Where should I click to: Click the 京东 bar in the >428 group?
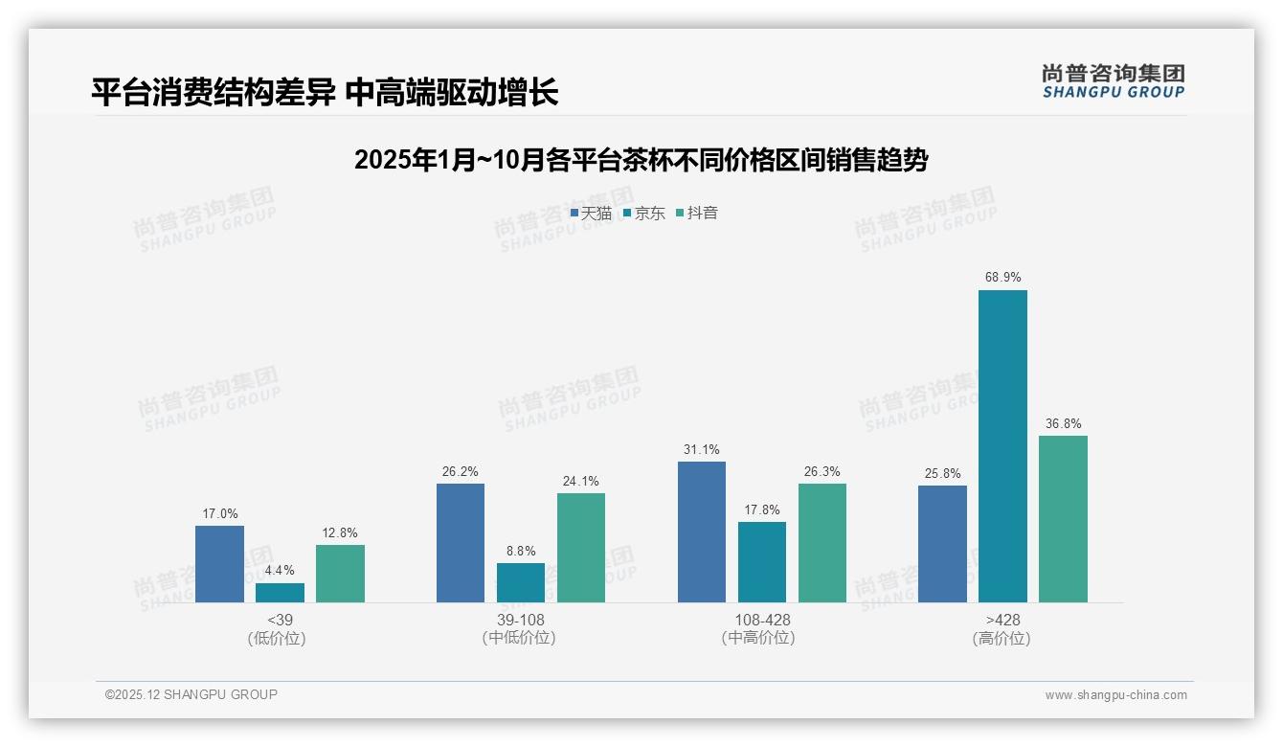tap(1002, 446)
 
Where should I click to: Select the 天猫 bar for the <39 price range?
tap(219, 564)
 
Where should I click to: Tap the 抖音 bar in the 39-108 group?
tap(581, 548)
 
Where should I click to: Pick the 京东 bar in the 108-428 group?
tap(762, 562)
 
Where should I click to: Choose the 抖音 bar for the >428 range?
tap(1063, 519)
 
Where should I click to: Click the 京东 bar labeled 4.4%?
tap(280, 593)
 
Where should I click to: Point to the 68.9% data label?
tap(1002, 278)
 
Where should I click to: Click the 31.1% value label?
tap(702, 450)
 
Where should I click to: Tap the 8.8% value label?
tap(521, 552)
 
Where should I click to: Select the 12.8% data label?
tap(340, 533)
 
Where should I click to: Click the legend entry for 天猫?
tap(591, 214)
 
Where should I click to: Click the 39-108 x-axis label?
tap(521, 621)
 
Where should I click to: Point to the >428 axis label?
tap(1002, 621)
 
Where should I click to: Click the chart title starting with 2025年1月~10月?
tap(641, 160)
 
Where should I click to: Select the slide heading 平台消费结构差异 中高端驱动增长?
tap(325, 93)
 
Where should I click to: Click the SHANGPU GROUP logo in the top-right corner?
tap(1113, 81)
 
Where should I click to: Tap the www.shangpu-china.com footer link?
tap(1115, 695)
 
